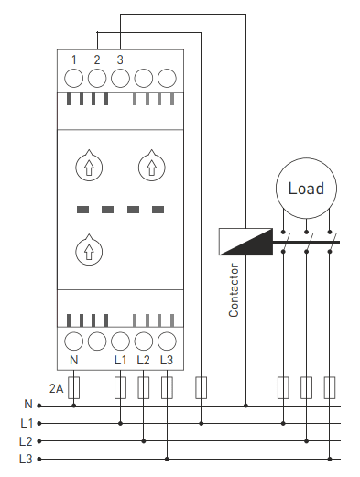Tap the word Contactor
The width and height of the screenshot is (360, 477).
coord(234,290)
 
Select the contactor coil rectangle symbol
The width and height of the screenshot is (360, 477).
coord(245,242)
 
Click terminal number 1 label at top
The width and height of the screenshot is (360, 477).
coord(73,60)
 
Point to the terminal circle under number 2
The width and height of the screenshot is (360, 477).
coord(97,78)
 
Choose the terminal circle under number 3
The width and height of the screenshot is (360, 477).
coord(120,78)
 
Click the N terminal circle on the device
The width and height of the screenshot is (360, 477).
coord(73,341)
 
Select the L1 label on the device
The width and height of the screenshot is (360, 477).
coord(120,361)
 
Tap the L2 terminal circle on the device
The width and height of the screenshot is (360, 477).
coord(144,341)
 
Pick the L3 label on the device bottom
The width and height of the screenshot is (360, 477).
coord(167,361)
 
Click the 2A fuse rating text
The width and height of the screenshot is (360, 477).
coord(56,388)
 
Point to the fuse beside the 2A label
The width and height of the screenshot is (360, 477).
coord(73,387)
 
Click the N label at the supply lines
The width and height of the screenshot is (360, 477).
coord(28,405)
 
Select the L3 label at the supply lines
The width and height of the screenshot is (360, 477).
coord(26,459)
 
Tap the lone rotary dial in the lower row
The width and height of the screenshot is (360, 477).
coord(89,251)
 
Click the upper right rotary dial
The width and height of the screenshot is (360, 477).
coord(152,167)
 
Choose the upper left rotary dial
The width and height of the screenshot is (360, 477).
coord(89,167)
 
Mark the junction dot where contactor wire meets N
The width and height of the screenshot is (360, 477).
coord(245,406)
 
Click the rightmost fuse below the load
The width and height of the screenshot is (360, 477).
coord(330,387)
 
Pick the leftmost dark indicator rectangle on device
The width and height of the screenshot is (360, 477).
coord(82,210)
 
